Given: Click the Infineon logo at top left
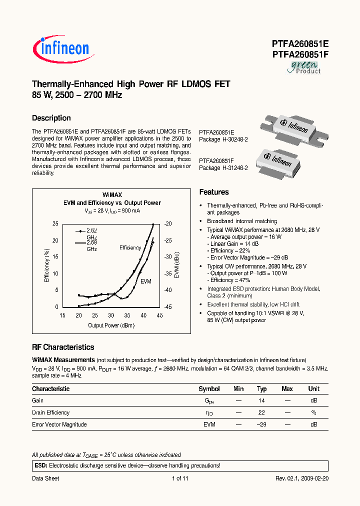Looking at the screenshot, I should [x=61, y=48].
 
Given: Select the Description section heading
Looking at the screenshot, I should [x=51, y=118].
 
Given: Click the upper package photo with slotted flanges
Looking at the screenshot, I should [x=292, y=128].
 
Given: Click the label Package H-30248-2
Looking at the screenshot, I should [x=223, y=139].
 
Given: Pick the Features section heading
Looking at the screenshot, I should [x=214, y=192].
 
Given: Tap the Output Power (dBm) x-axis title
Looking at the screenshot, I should [x=111, y=325].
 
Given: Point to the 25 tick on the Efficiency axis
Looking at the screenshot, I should [x=55, y=223].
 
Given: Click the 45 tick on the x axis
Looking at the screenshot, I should [x=160, y=315].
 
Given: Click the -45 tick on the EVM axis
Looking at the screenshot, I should [x=168, y=306].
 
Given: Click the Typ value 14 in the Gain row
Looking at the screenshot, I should [x=261, y=400].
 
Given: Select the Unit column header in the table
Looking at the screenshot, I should [x=313, y=388].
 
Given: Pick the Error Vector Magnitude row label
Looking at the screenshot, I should [x=59, y=424].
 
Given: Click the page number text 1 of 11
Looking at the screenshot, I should [x=179, y=478].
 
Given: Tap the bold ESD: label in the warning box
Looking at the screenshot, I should [x=40, y=465].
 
